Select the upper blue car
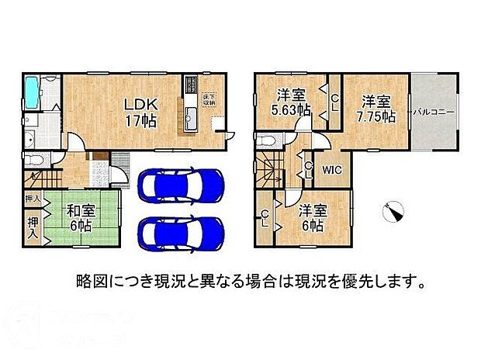[x=181, y=185]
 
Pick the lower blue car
[x=181, y=230]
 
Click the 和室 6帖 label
[x=78, y=216]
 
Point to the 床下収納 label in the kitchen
[x=209, y=99]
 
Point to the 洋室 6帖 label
[x=313, y=216]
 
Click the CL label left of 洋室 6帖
[x=265, y=217]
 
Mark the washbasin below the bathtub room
[x=29, y=138]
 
